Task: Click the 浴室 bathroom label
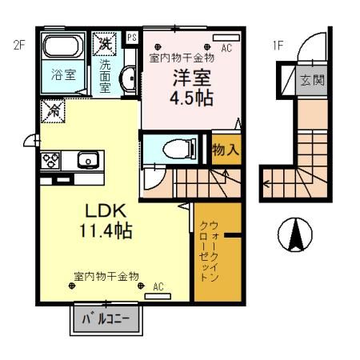click(63, 76)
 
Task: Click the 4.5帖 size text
click(190, 100)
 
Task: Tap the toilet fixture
click(171, 150)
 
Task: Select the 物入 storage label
click(223, 150)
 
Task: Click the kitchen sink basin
click(86, 160)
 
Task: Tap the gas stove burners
click(51, 159)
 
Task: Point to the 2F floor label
click(20, 46)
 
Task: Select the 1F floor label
click(278, 46)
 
